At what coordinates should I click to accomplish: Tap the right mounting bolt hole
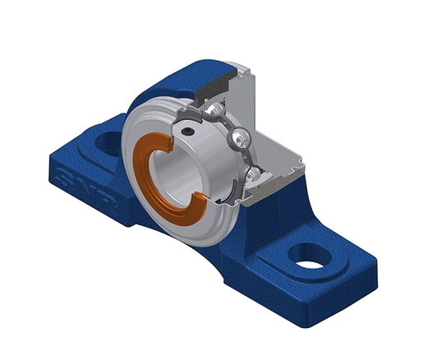pyautogui.click(x=307, y=262)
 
